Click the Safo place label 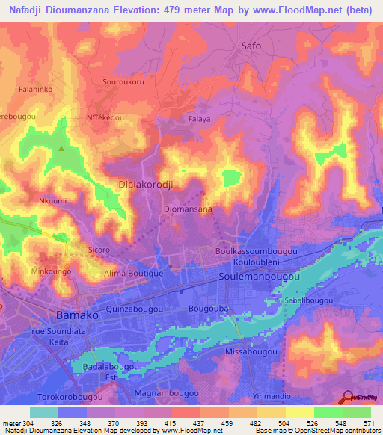(x=251, y=46)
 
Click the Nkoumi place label (x=52, y=200)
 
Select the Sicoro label (x=99, y=250)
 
